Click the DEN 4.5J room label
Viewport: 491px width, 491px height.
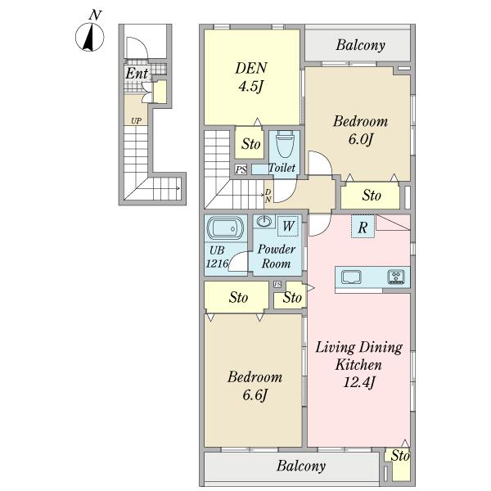pos(251,77)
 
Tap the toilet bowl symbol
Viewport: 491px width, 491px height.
pos(285,144)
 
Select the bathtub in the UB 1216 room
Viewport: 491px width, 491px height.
pos(225,228)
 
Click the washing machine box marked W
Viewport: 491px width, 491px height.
pos(288,226)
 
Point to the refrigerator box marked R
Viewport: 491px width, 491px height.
pos(363,227)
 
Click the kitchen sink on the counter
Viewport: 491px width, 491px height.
pos(351,277)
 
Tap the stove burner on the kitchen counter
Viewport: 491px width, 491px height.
pos(396,277)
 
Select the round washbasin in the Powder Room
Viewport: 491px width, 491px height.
pos(264,222)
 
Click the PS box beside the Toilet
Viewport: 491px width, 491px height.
pos(241,169)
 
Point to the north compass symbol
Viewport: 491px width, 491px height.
pos(90,34)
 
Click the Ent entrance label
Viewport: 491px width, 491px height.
pos(137,74)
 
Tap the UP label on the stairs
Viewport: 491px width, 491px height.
pos(136,121)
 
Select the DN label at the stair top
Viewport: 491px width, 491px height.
pos(268,196)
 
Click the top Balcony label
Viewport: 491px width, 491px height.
pos(360,45)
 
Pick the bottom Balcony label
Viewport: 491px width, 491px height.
pos(301,466)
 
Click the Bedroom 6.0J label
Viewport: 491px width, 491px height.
pos(360,130)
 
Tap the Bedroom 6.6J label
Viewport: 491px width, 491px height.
pos(255,385)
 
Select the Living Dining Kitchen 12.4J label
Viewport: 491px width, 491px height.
pos(359,364)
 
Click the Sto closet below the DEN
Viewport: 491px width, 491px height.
pos(251,144)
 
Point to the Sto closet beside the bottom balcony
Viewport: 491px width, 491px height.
pos(400,463)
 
